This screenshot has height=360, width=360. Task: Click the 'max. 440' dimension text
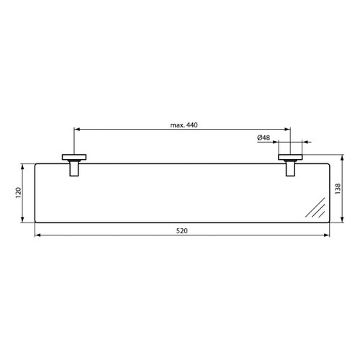[x=184, y=125]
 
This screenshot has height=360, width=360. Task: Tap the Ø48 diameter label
[x=264, y=137]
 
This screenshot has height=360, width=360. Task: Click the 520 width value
[x=182, y=230]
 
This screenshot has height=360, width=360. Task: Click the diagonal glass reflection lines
[x=315, y=210]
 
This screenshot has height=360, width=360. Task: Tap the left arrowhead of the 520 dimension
[x=37, y=235]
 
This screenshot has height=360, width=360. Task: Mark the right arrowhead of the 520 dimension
[x=328, y=235]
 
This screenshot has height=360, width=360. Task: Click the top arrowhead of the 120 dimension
[x=25, y=166]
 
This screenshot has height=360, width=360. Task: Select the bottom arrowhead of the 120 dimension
[x=25, y=220]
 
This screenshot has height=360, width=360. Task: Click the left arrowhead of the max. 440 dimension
[x=77, y=130]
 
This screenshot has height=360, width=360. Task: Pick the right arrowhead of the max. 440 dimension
[x=288, y=130]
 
